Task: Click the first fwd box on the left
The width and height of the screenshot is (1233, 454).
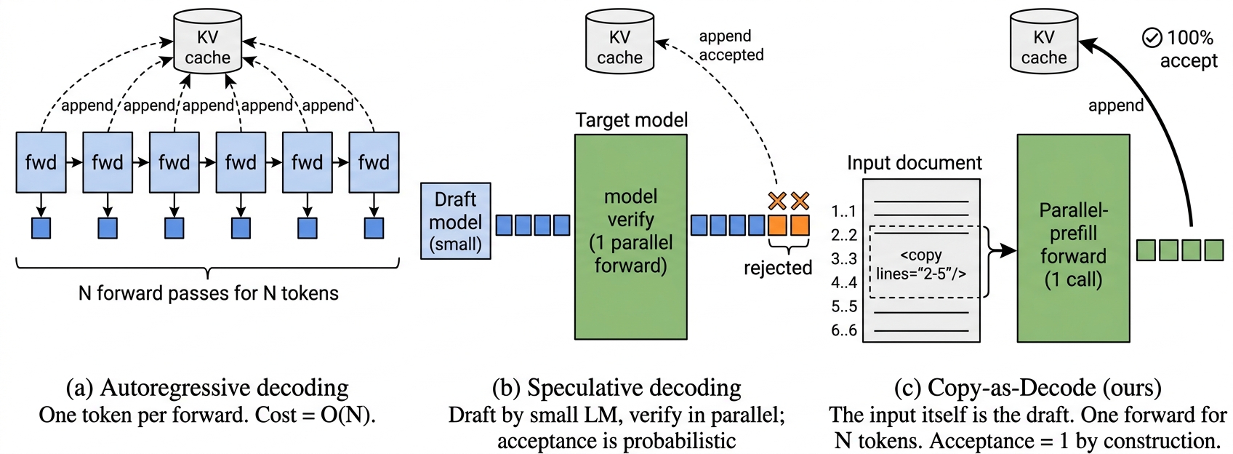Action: pos(41,162)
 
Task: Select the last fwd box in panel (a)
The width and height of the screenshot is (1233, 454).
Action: pos(374,162)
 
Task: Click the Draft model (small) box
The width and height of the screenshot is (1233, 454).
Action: pos(456,221)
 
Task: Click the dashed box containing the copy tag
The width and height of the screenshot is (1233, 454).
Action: pos(921,263)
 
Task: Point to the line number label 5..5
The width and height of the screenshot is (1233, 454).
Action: pos(844,306)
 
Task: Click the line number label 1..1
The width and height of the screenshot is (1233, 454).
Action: pos(844,212)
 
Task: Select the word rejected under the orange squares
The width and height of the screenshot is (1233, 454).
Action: pos(777,268)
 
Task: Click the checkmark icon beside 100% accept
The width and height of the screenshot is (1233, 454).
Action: pos(1152,37)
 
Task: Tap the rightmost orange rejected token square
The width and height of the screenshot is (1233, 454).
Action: pos(800,225)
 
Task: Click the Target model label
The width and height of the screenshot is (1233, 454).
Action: pos(631,120)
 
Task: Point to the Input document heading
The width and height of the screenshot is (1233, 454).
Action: pos(914,163)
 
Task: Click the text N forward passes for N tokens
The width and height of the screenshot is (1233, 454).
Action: pos(208,293)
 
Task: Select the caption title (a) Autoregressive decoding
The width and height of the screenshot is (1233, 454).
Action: pos(207,388)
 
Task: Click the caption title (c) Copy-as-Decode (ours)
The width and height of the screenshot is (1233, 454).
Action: pos(1027,388)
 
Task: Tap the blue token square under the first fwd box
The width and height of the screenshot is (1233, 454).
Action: pos(41,228)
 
